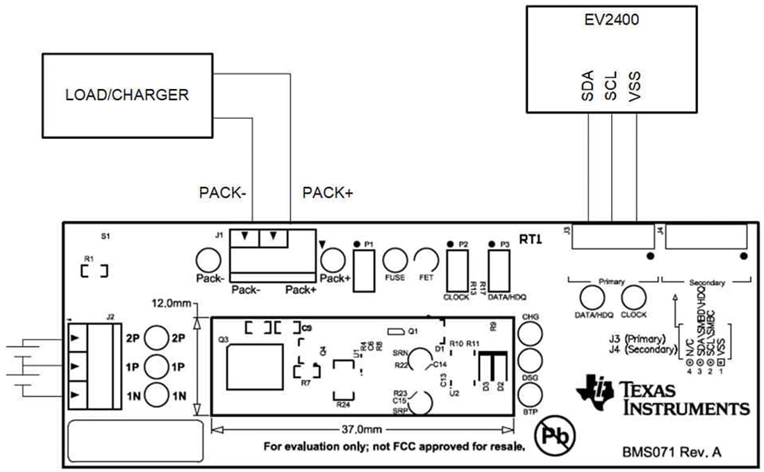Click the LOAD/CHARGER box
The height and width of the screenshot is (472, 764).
click(x=126, y=95)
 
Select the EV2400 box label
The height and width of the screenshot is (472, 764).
click(x=611, y=20)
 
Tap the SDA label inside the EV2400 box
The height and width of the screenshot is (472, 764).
click(x=588, y=86)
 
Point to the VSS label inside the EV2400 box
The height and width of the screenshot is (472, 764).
click(x=634, y=86)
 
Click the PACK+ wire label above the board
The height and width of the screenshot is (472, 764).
click(x=328, y=193)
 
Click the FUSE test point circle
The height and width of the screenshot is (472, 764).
click(x=395, y=261)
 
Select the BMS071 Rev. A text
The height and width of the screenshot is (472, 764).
click(x=672, y=452)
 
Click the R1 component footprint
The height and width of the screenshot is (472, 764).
click(x=94, y=270)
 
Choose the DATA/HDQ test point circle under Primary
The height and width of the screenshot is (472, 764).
click(x=592, y=298)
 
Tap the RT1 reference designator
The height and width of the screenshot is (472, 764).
click(x=531, y=239)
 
